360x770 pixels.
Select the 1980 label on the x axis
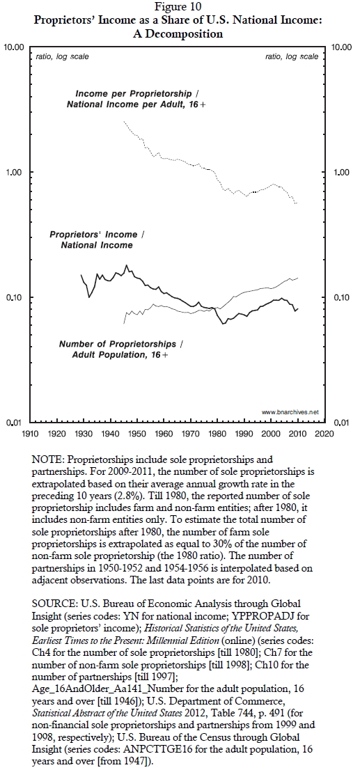pos(217,433)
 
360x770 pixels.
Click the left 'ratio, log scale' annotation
pos(63,56)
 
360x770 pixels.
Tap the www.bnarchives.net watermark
pos(290,412)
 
